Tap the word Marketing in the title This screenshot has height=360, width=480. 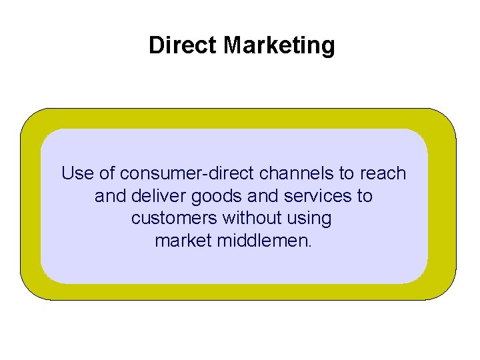point(279,45)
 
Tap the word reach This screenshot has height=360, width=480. point(382,173)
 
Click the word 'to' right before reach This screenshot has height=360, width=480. point(347,173)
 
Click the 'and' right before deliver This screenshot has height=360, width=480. point(109,196)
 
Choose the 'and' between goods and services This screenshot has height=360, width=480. point(256,196)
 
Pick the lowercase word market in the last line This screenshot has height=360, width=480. point(184,240)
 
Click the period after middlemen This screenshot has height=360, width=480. point(310,245)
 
